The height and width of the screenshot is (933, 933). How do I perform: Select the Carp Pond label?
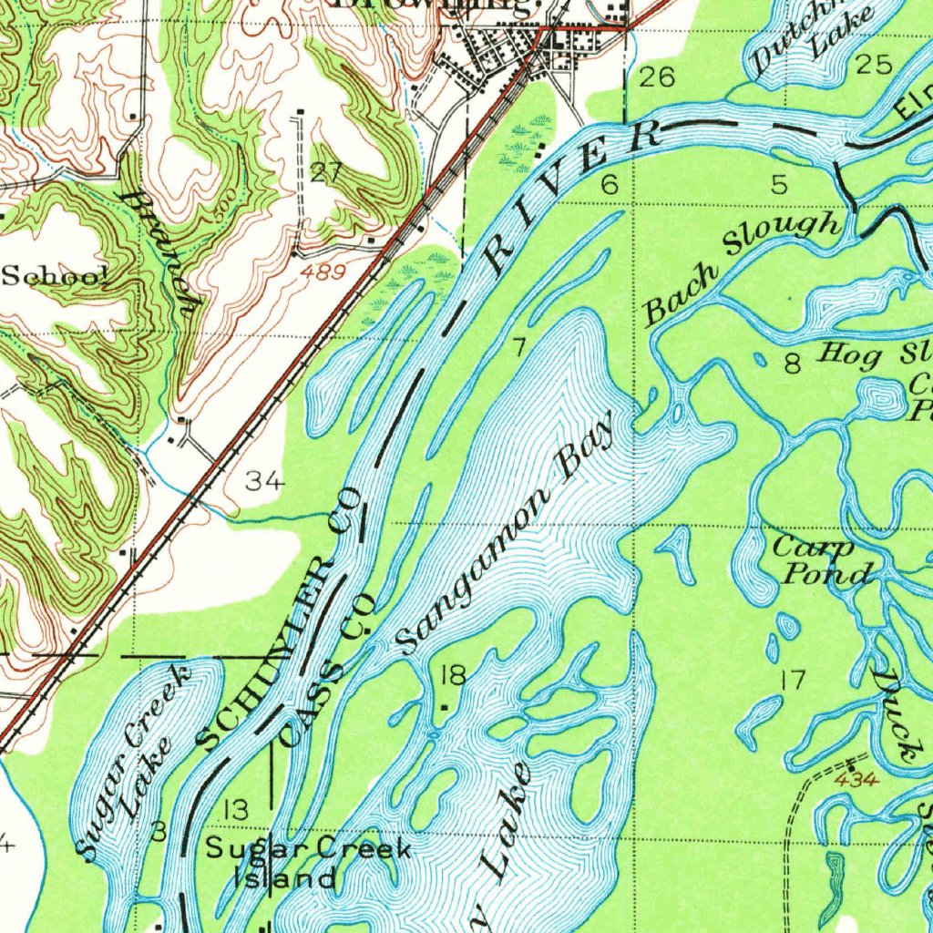(823, 560)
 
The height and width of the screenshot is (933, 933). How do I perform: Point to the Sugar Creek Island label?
(306, 864)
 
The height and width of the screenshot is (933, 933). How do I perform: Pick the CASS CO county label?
(328, 670)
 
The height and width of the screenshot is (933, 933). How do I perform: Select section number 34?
(264, 481)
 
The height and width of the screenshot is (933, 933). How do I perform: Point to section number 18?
(453, 675)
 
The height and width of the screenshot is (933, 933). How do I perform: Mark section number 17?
(793, 679)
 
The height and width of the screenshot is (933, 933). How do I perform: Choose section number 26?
(656, 77)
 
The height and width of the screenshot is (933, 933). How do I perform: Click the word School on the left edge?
(55, 275)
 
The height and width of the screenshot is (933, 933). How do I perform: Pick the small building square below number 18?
(444, 706)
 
